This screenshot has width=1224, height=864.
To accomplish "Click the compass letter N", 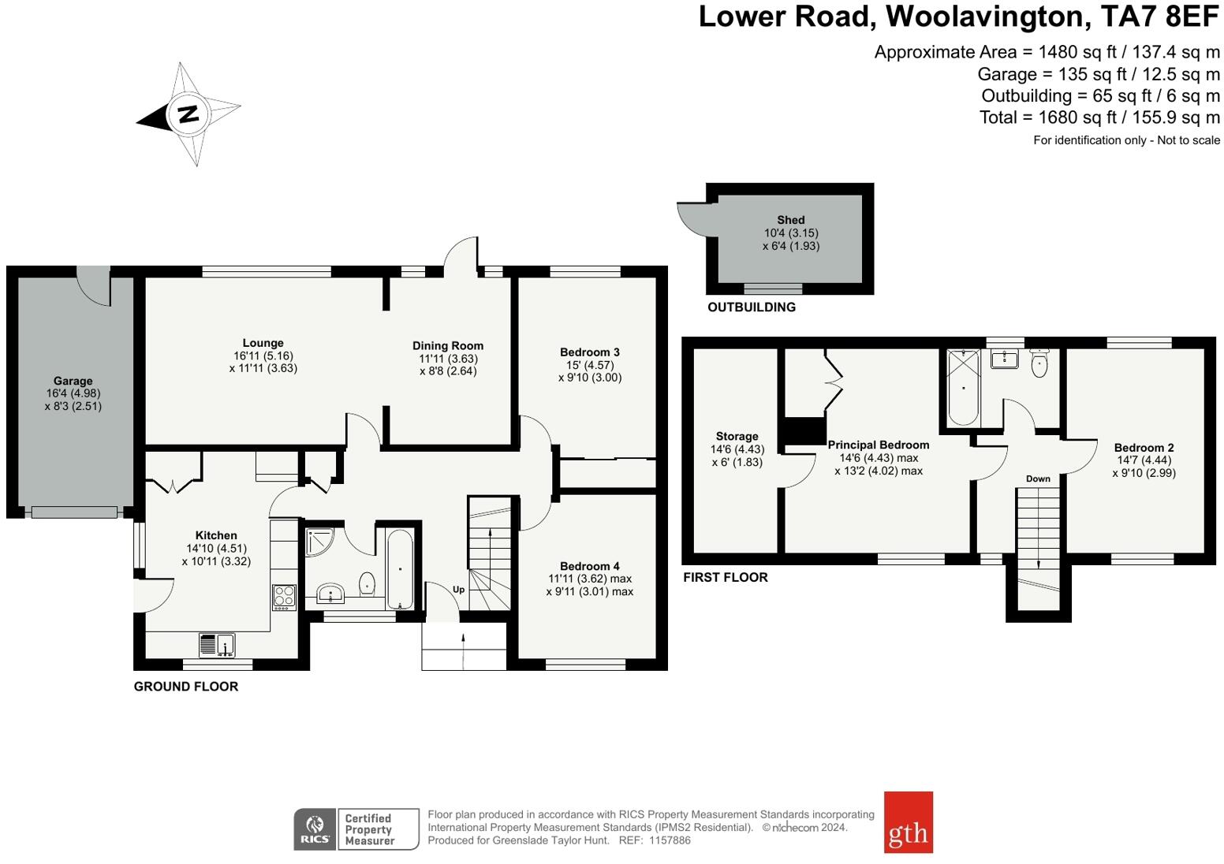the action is [x=188, y=114].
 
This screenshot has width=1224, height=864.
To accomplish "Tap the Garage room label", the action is [x=73, y=381].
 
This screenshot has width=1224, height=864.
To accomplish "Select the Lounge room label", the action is [x=263, y=343].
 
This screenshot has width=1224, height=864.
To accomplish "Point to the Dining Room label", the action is [x=447, y=346].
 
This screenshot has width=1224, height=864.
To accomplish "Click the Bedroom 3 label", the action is [x=590, y=352].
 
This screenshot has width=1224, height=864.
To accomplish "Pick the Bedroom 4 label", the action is [x=590, y=566].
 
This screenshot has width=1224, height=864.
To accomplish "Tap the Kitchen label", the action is [x=216, y=535].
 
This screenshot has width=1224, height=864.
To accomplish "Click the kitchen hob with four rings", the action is [x=284, y=597].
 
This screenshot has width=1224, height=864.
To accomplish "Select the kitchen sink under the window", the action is [x=217, y=644].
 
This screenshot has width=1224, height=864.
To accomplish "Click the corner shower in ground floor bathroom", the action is [x=318, y=542].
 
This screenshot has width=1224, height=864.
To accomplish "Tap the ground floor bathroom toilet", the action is [x=368, y=583].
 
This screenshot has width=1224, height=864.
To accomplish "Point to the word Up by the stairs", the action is [x=458, y=590].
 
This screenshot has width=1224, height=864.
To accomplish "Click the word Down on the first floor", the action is [x=1038, y=479].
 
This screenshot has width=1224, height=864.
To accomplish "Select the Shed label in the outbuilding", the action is [x=791, y=220].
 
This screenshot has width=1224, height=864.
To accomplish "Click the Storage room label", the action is [x=737, y=437].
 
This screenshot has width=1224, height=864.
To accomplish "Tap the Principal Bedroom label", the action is [x=878, y=445].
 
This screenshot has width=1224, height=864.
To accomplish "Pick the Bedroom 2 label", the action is [x=1144, y=448].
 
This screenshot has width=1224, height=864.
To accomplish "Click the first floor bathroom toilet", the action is [x=1039, y=363].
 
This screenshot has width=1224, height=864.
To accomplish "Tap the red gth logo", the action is [x=909, y=822].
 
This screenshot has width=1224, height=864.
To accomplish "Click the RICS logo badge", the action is [x=315, y=829].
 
